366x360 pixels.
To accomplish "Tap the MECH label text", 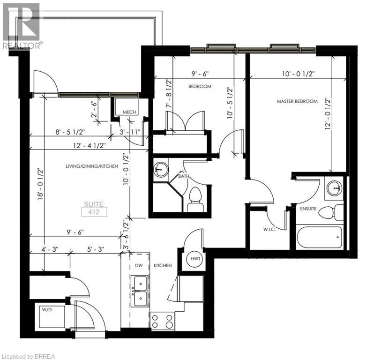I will (129, 112).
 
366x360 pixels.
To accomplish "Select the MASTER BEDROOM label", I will (297, 101).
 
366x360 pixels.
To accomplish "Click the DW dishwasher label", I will (139, 265).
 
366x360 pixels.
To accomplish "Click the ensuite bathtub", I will (320, 238).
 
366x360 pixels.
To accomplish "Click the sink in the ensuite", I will (335, 188).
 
